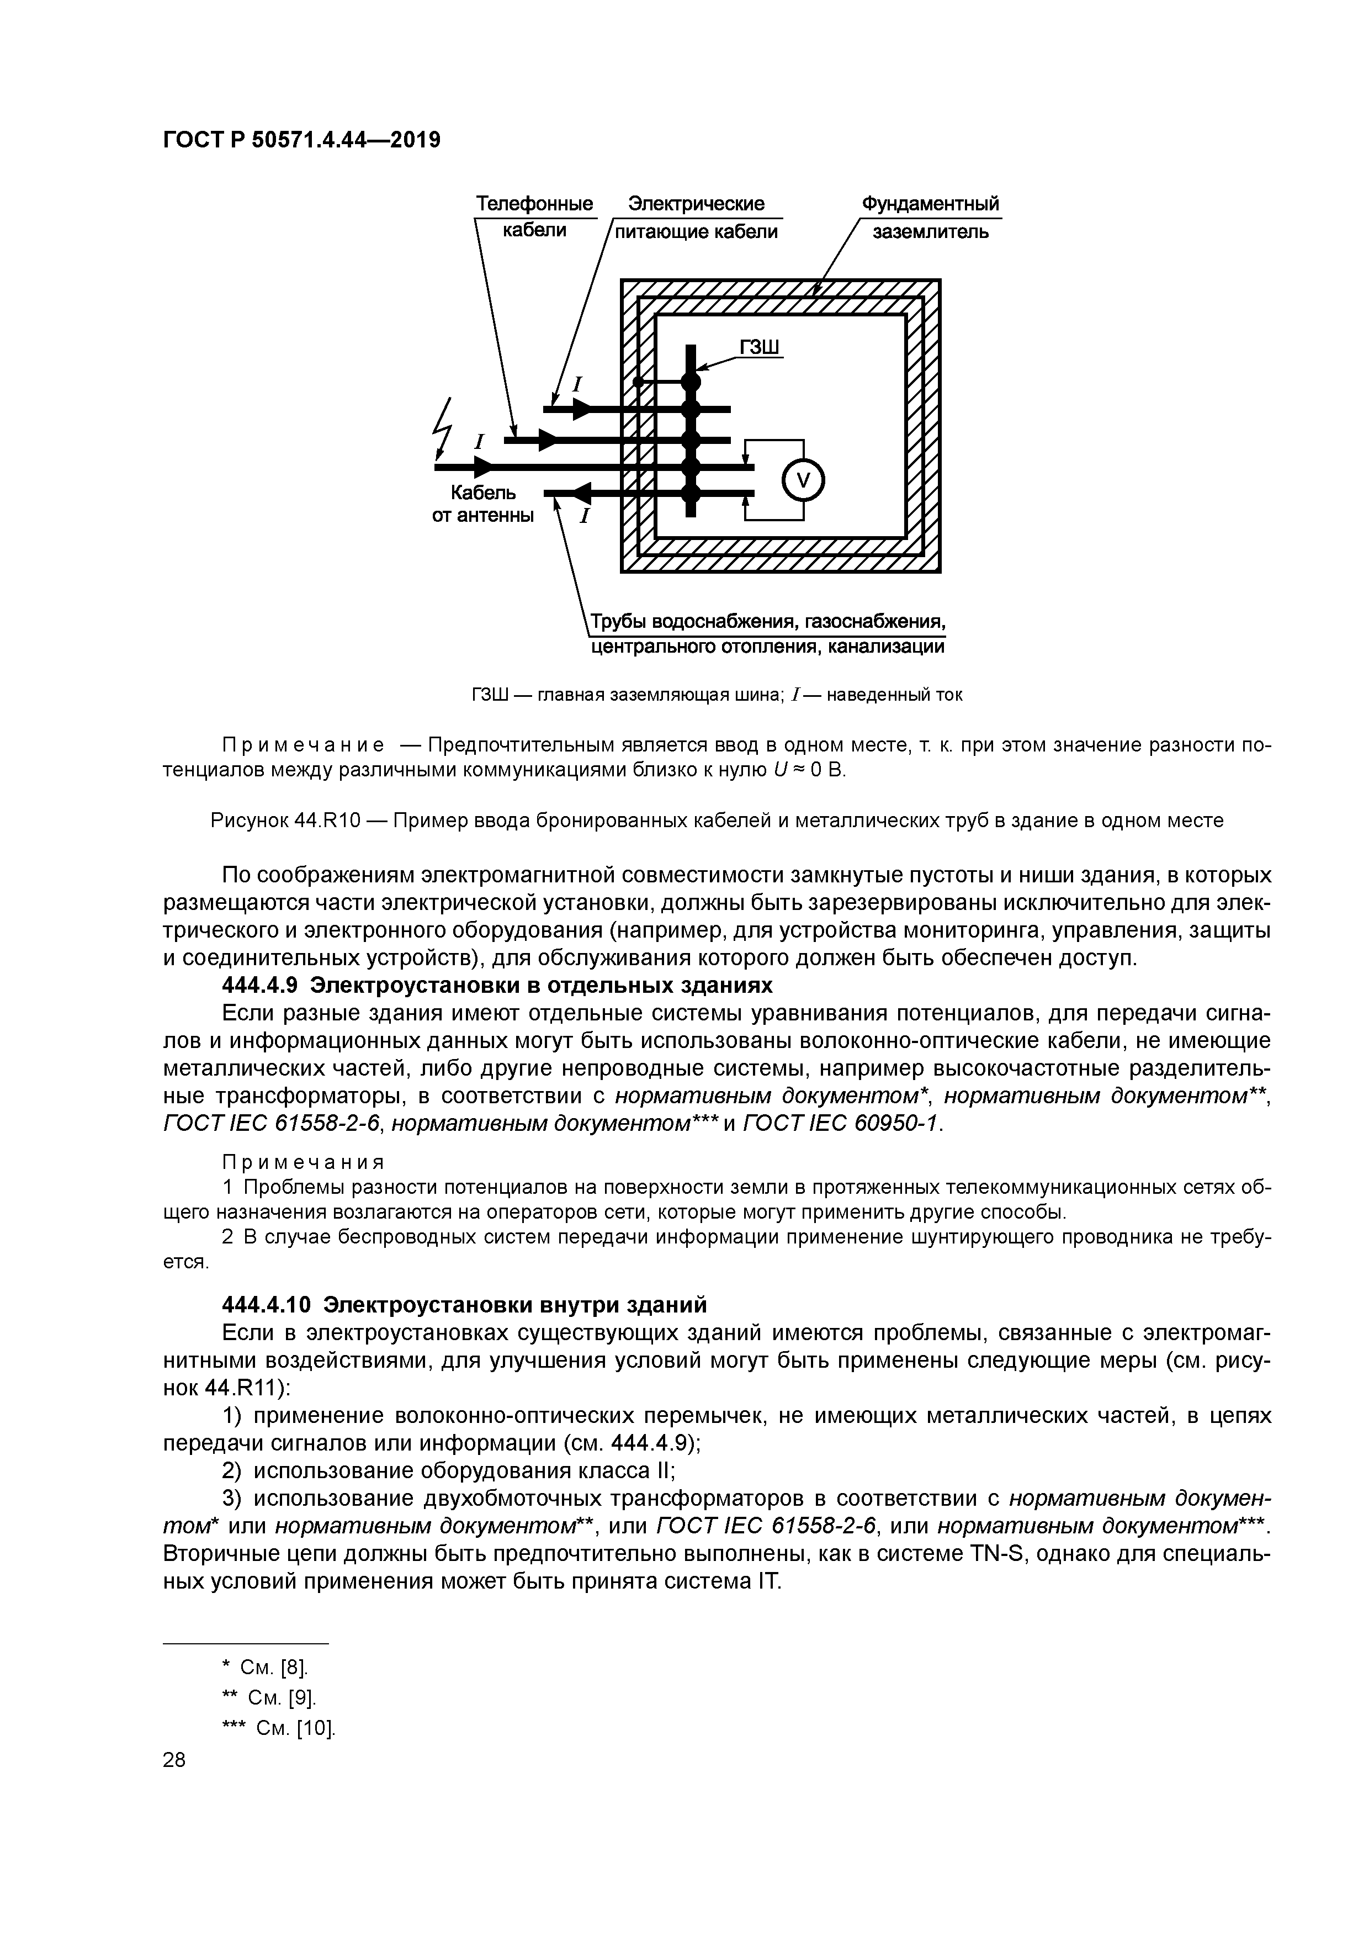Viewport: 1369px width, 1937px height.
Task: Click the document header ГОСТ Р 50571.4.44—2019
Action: (x=301, y=139)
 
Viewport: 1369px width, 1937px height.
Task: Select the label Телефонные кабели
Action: (x=534, y=217)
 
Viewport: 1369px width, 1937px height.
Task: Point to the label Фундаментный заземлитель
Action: (x=930, y=217)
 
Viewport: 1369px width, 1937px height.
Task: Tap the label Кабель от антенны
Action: (x=482, y=504)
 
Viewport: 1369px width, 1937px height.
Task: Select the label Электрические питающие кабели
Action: (x=697, y=217)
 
